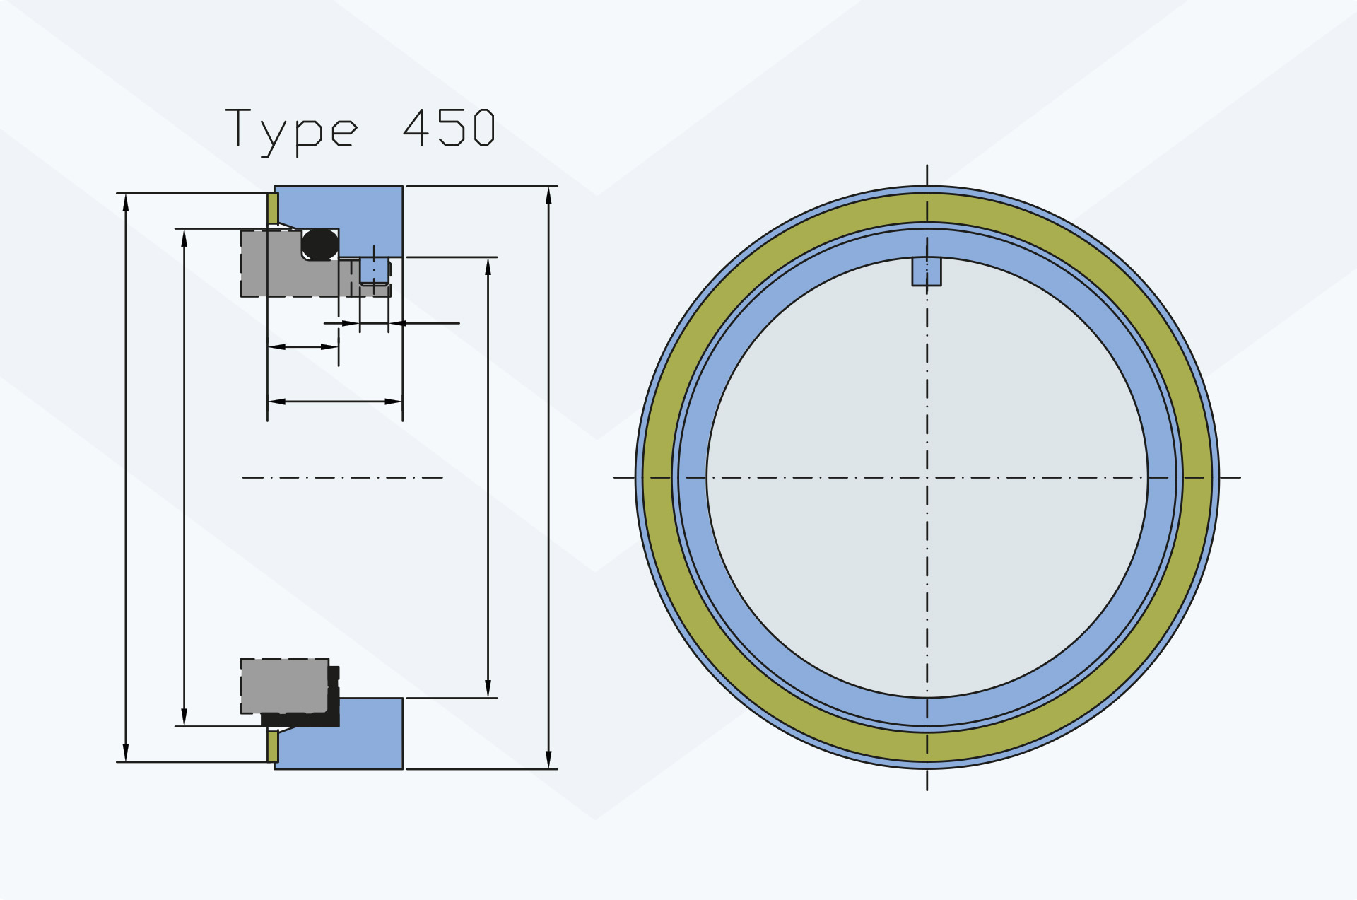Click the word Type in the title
(x=291, y=132)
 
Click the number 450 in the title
(x=449, y=127)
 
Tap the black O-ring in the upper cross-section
(x=320, y=244)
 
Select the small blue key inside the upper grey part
(x=374, y=270)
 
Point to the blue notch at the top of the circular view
(x=927, y=271)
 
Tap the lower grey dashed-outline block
(x=285, y=686)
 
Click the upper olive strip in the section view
(x=273, y=209)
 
